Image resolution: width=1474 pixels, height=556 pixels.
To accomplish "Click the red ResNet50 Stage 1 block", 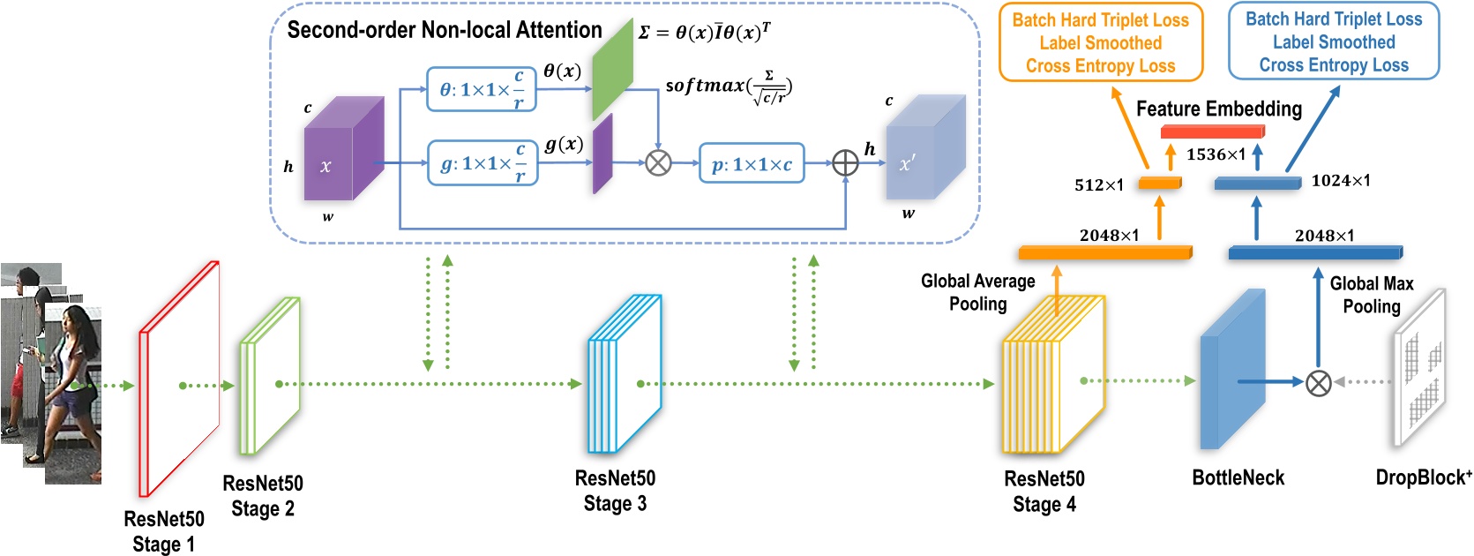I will (x=179, y=379).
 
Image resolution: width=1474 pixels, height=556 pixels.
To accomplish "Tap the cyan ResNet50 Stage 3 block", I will (x=624, y=373).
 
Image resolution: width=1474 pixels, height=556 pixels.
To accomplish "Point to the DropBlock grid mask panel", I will (x=1420, y=367).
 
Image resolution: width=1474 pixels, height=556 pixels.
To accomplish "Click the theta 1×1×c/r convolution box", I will (x=481, y=89).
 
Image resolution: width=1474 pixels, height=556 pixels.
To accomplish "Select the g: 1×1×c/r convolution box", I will (x=483, y=163).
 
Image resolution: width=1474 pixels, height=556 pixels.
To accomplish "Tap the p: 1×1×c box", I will (x=752, y=164).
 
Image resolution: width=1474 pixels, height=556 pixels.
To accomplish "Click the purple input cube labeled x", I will (x=342, y=150).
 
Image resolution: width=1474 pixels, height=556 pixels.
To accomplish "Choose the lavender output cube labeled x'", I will (x=924, y=148).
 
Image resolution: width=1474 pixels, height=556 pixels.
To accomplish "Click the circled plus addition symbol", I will (x=845, y=162).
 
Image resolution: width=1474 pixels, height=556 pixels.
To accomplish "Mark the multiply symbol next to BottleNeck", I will (x=1318, y=382).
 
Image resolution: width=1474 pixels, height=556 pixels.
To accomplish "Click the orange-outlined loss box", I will (x=1100, y=42).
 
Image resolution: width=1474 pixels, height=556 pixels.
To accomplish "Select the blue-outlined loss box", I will (x=1333, y=41).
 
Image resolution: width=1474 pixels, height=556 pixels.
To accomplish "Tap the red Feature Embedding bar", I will (x=1212, y=131).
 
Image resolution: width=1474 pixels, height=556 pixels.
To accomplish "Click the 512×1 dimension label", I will (x=1098, y=185).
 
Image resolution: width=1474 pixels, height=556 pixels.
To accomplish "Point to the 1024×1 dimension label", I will (x=1341, y=181).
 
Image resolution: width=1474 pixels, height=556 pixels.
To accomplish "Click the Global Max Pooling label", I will (x=1371, y=295).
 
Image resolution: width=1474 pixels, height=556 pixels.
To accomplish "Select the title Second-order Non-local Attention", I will (x=445, y=30).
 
